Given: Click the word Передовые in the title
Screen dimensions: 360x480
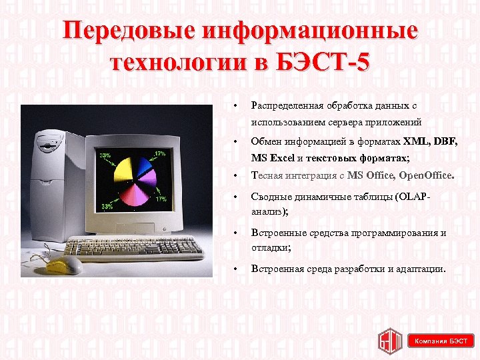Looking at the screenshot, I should pyautogui.click(x=127, y=31).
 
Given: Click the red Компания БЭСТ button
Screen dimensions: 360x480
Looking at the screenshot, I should pyautogui.click(x=441, y=341).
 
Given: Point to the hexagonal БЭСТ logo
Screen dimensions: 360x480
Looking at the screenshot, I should pyautogui.click(x=389, y=341).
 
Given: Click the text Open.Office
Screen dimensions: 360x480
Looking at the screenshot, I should pyautogui.click(x=427, y=176).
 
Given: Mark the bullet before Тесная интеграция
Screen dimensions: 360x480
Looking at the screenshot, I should pyautogui.click(x=235, y=176).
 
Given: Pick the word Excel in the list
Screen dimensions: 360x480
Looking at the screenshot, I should pyautogui.click(x=280, y=159).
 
